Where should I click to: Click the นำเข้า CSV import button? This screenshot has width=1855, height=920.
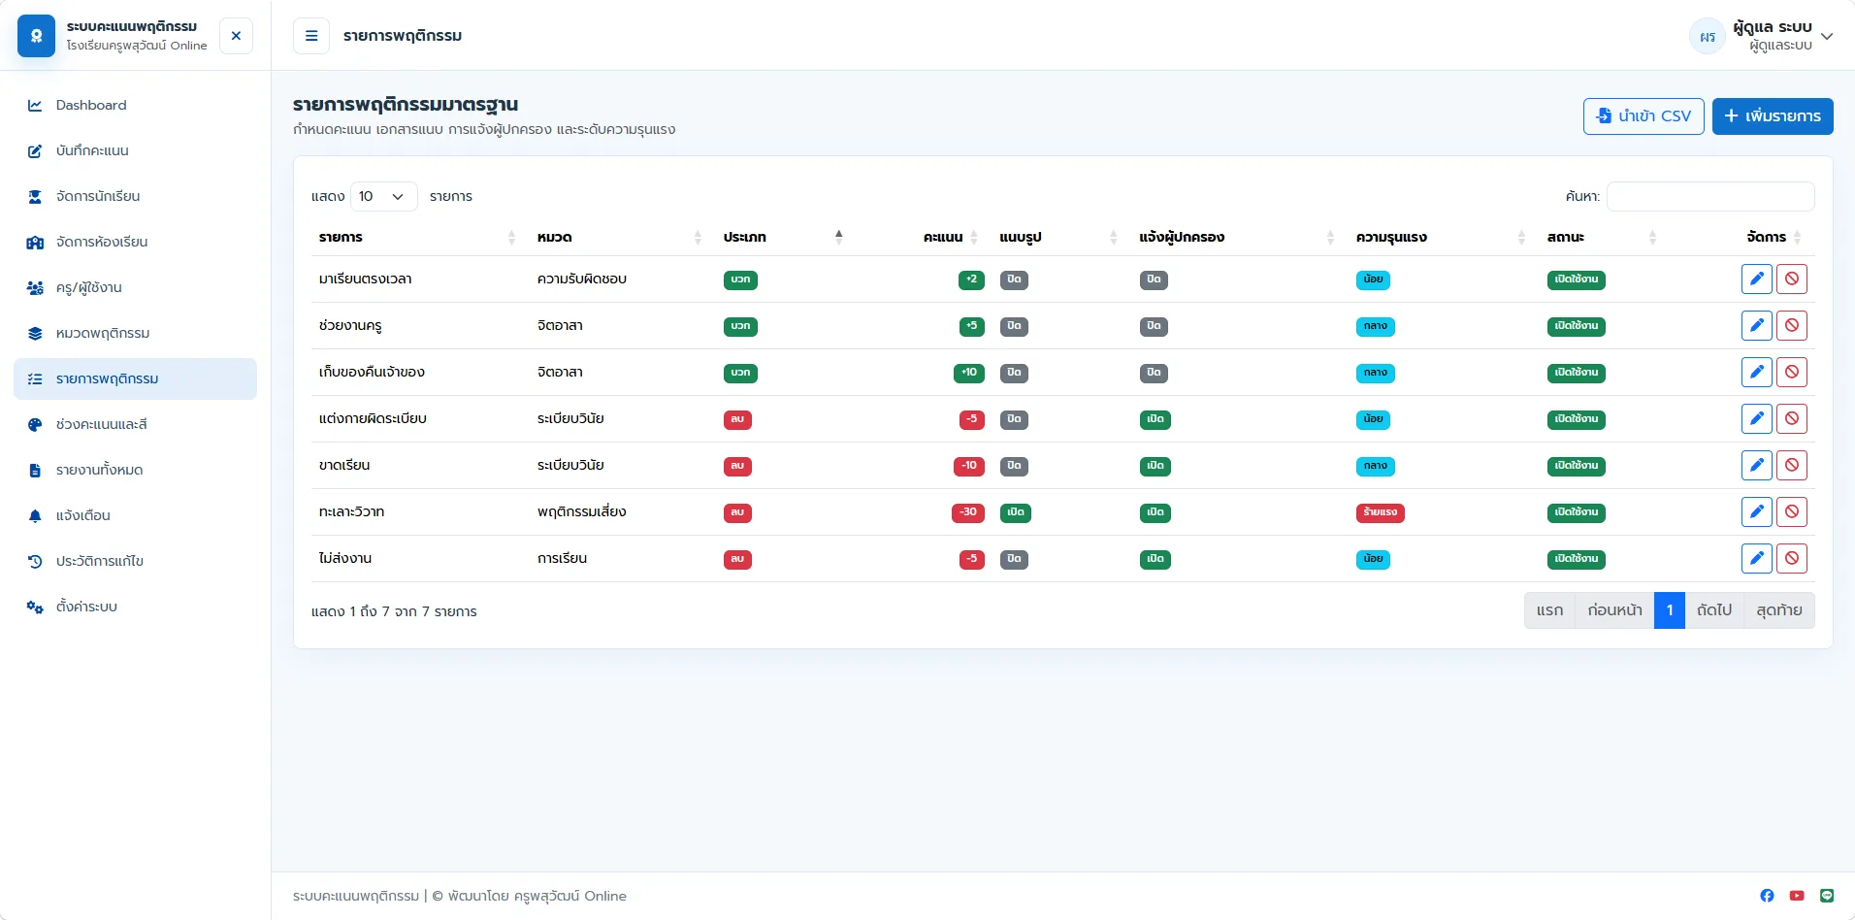[x=1643, y=116]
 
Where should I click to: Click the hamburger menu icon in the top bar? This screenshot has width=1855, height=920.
[x=311, y=36]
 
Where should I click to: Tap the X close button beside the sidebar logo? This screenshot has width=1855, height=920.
[x=236, y=36]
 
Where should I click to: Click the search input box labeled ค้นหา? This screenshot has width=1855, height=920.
[x=1710, y=196]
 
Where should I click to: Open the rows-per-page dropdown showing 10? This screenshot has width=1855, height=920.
[x=384, y=196]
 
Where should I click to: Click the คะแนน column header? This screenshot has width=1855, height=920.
[x=943, y=237]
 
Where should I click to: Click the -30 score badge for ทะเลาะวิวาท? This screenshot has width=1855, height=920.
[x=968, y=512]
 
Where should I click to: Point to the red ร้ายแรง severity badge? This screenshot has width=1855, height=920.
[x=1380, y=512]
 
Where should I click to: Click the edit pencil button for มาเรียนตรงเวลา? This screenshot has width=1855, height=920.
[x=1757, y=279]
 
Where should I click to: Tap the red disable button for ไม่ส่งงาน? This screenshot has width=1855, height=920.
[x=1792, y=559]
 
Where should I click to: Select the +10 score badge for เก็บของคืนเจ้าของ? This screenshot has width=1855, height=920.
[x=969, y=373]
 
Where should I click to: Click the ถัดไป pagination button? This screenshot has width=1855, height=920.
[x=1714, y=610]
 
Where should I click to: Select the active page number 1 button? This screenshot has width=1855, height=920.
[x=1670, y=610]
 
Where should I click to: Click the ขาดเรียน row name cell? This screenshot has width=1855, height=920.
[x=344, y=466]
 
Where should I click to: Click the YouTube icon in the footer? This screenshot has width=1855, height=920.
[x=1797, y=896]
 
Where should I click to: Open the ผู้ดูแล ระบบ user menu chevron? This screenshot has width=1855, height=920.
[x=1827, y=37]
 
